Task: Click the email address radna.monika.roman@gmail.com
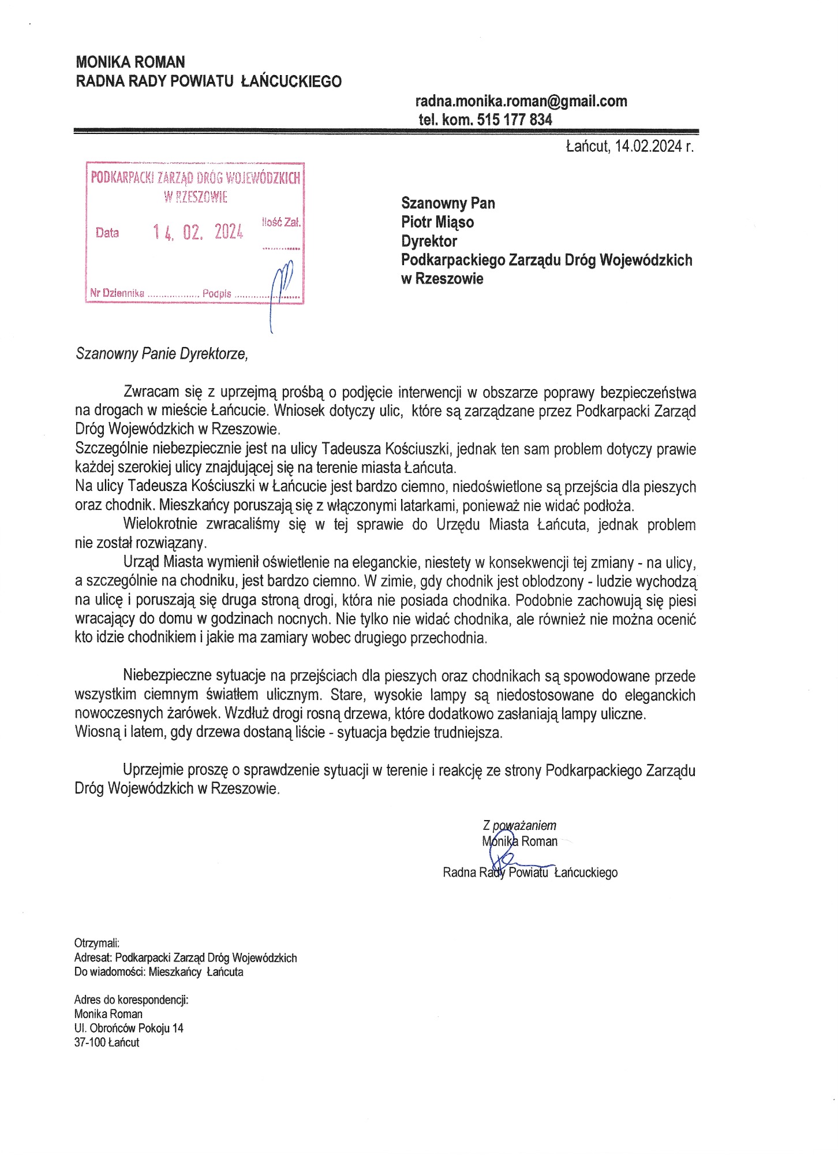(x=521, y=101)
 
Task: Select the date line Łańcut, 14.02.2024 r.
(x=629, y=146)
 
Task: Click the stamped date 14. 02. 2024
(x=198, y=232)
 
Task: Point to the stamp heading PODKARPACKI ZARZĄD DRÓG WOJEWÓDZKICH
(x=195, y=178)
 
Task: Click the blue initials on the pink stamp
(x=281, y=289)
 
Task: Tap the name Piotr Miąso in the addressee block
(x=437, y=222)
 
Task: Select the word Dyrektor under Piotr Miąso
(x=429, y=241)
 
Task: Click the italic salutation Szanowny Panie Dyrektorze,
(x=162, y=353)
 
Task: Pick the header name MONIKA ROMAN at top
(x=130, y=62)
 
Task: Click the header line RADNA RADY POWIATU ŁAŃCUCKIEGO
(x=208, y=81)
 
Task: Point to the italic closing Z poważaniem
(x=519, y=826)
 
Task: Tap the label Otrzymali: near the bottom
(x=96, y=943)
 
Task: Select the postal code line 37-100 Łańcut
(x=107, y=1042)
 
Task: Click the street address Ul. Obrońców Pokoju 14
(x=129, y=1028)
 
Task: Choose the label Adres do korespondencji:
(x=131, y=1000)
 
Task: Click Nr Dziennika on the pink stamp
(x=117, y=293)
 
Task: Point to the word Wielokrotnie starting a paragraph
(x=160, y=524)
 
